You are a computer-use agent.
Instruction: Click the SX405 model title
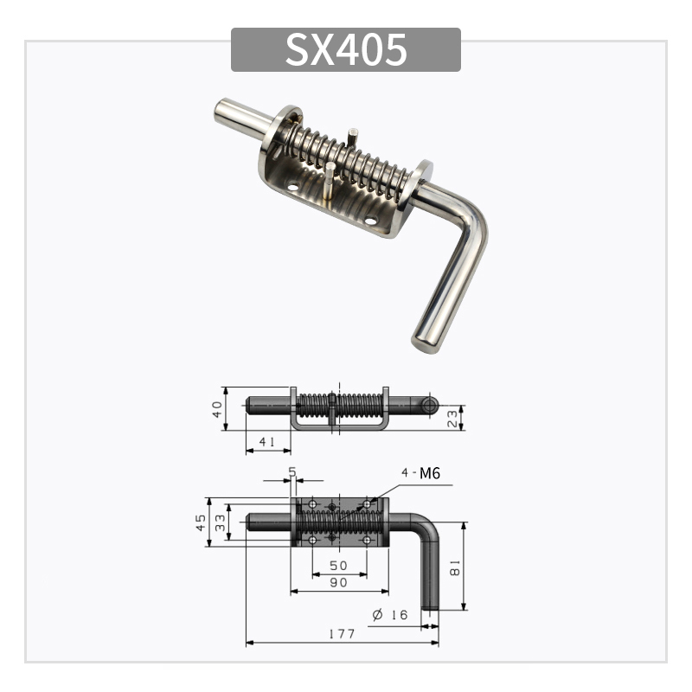346,50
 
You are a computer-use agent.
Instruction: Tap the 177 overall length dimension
342,634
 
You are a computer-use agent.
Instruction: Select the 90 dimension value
338,583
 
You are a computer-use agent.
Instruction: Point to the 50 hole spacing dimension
338,565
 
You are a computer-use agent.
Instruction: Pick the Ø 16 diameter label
389,614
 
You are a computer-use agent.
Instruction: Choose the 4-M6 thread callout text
421,472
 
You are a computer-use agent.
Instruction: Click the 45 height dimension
201,522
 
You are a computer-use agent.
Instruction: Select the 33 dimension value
221,522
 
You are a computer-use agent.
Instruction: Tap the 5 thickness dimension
292,471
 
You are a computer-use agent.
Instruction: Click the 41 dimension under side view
267,442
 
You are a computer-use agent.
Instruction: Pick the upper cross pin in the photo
354,136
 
